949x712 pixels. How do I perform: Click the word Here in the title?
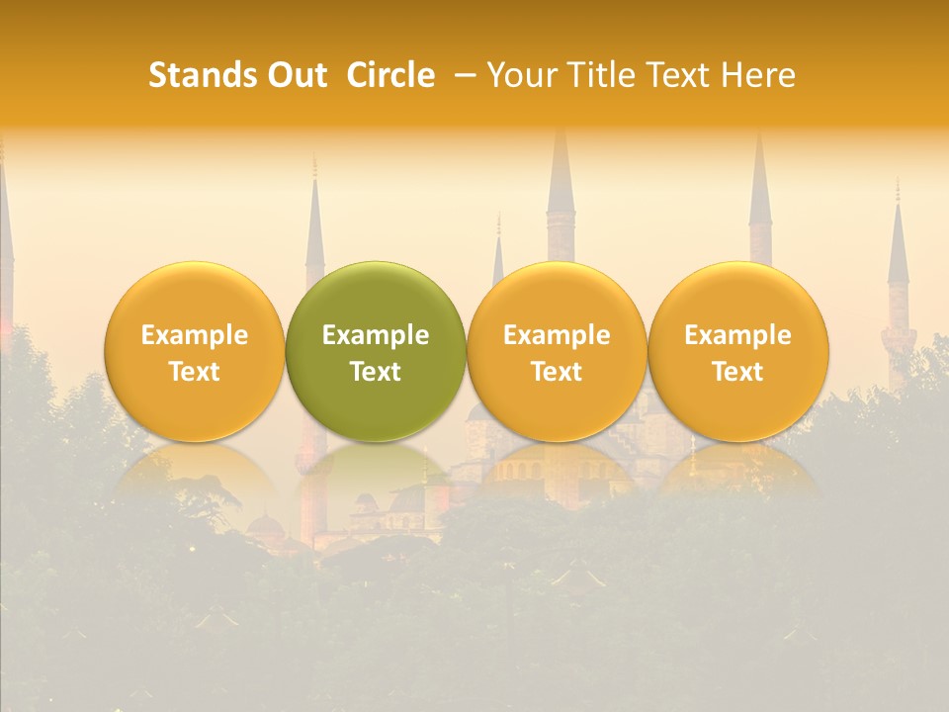tap(757, 75)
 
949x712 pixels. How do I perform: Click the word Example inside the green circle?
tap(376, 335)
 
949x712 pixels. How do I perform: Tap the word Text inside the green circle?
tap(376, 372)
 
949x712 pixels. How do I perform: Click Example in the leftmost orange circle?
tap(195, 335)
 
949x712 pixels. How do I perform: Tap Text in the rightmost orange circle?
tap(737, 372)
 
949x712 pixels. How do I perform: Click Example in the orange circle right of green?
tap(557, 335)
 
